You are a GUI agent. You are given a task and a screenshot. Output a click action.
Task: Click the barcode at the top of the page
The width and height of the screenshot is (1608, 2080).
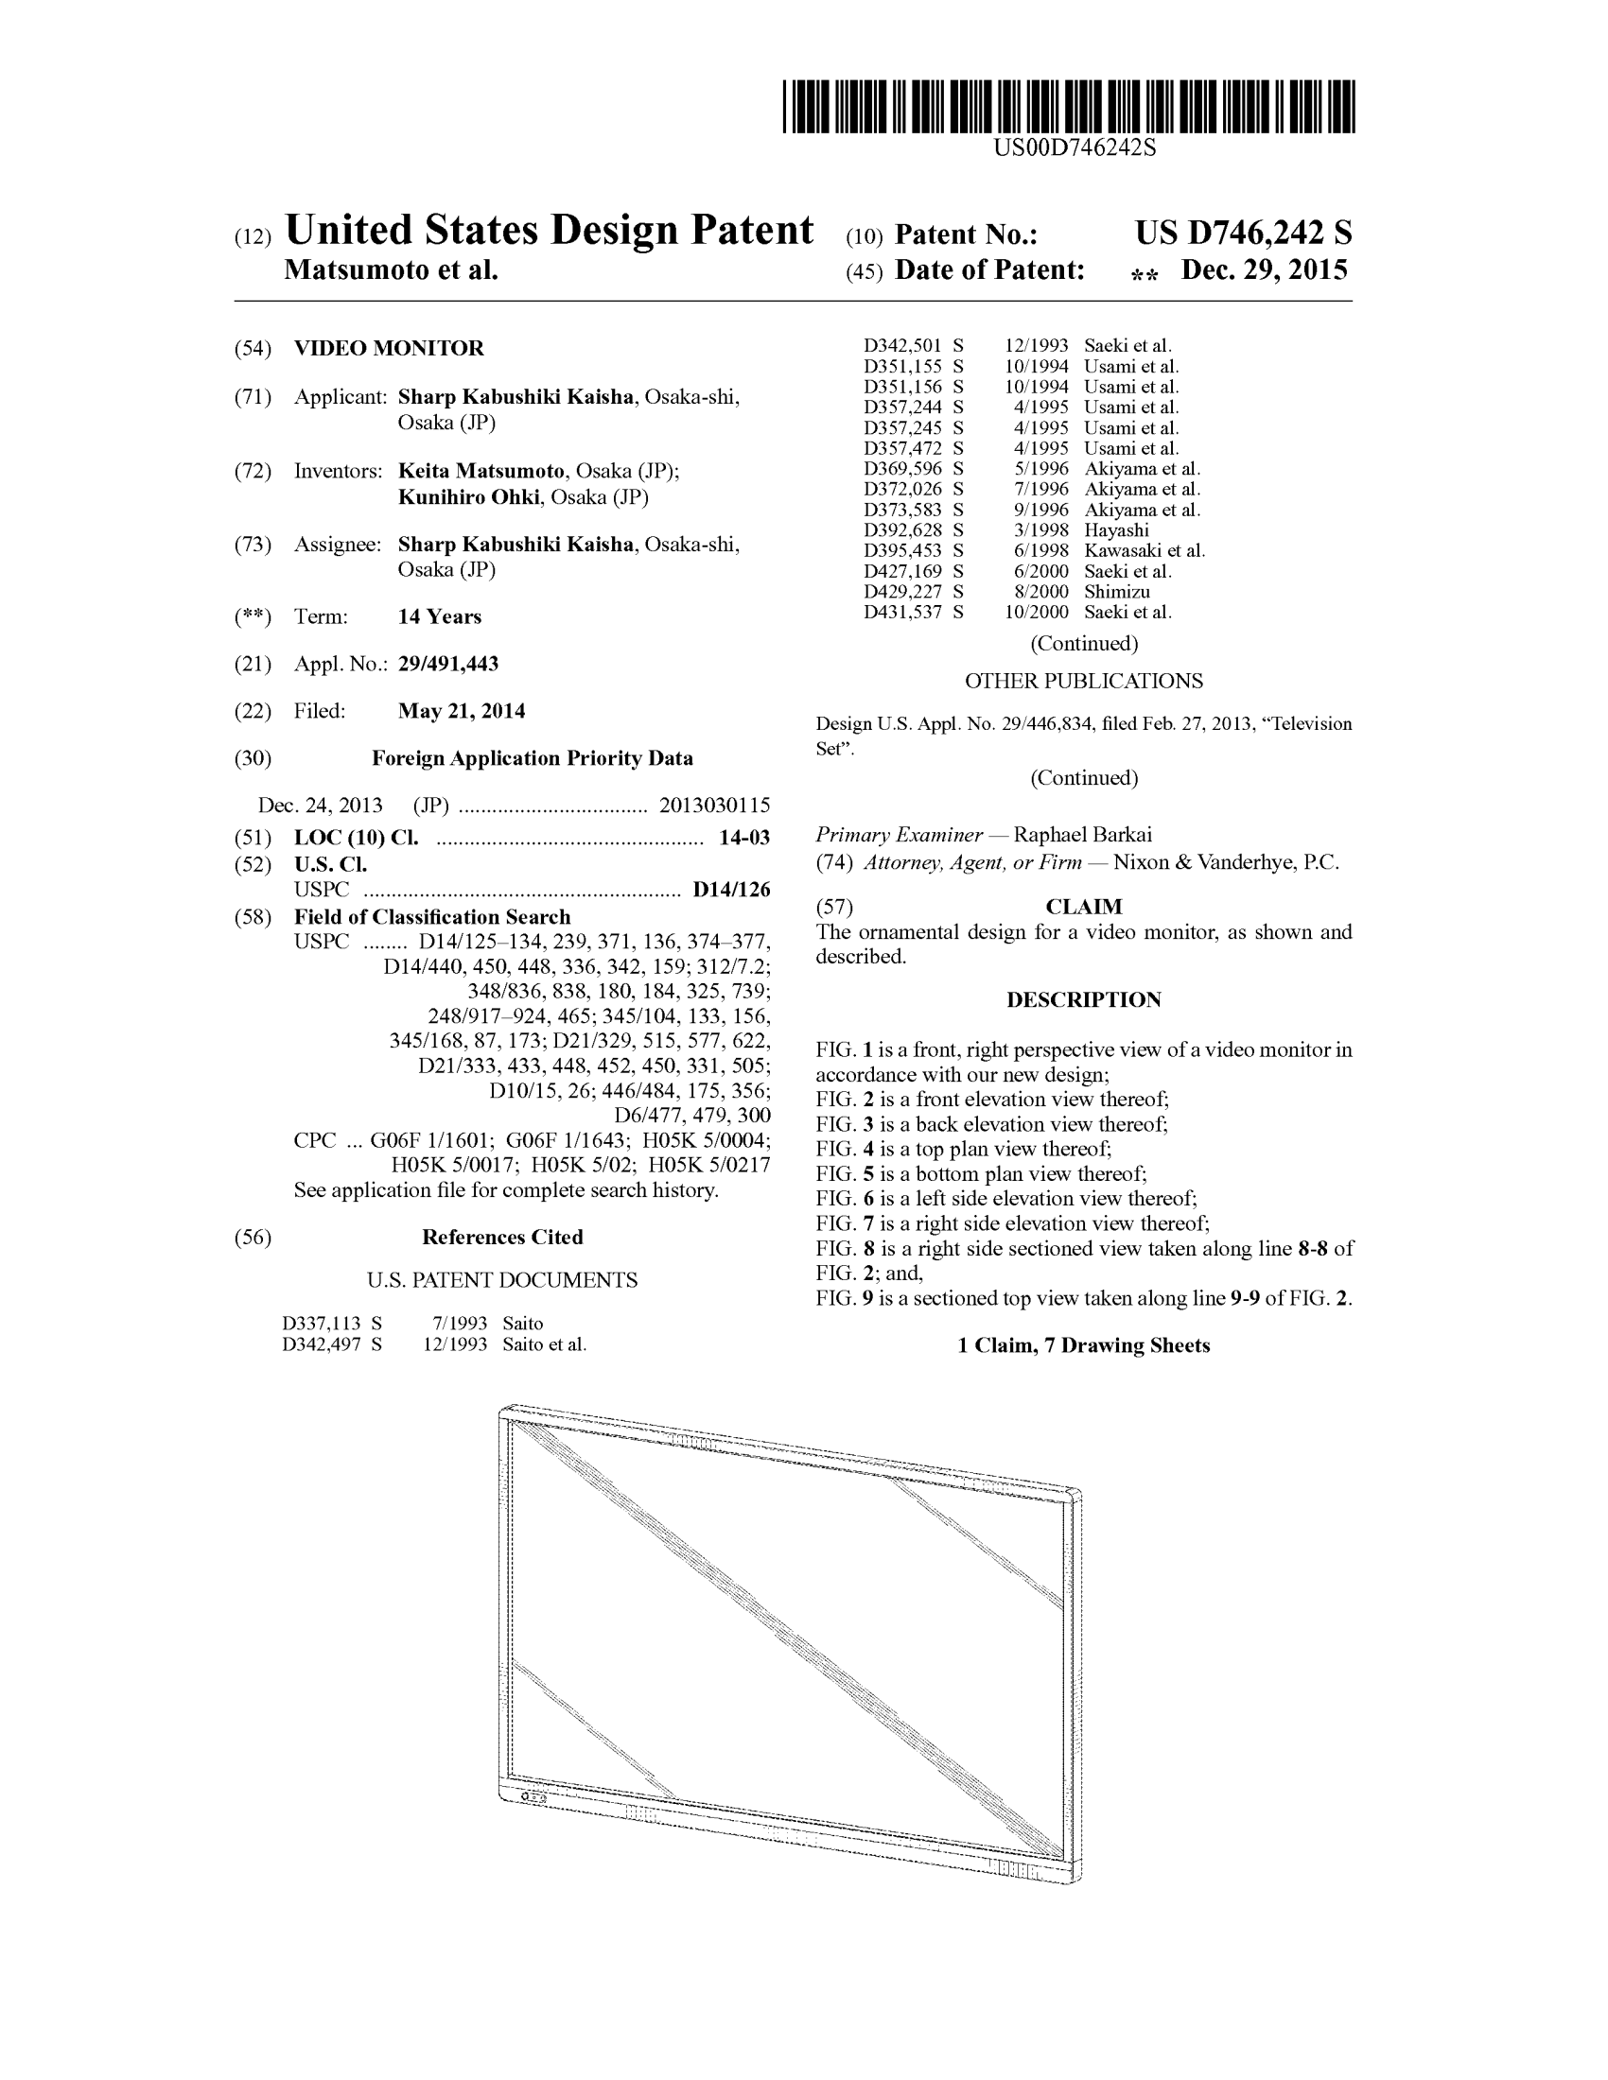tap(1068, 107)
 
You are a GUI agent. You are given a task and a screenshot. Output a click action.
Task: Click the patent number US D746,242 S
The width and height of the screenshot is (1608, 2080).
tap(1242, 234)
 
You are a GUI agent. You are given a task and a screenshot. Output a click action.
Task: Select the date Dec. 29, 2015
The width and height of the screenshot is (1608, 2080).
tap(1264, 270)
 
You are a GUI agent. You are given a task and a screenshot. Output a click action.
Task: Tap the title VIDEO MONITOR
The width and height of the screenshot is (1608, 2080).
tap(389, 349)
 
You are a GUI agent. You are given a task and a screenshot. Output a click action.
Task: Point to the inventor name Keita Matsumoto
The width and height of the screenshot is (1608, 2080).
tap(481, 472)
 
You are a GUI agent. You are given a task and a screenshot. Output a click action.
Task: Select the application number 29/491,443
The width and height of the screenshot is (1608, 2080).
tap(447, 664)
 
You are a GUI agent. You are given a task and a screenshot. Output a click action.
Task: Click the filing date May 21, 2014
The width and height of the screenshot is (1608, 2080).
tap(461, 711)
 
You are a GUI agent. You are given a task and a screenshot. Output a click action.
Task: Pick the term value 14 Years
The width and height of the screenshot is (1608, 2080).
tap(439, 617)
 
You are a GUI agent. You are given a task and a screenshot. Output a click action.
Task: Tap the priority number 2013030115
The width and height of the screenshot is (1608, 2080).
tap(714, 806)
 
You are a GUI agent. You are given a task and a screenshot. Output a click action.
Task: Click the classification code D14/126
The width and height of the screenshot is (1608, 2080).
tap(731, 890)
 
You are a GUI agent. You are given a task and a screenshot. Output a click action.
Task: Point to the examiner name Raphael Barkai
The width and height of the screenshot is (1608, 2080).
tap(1082, 835)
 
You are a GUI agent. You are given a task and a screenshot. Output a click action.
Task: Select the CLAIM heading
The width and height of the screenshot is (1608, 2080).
tap(1083, 907)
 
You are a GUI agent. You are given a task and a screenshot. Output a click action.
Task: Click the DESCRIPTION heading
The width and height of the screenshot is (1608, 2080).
tap(1083, 1000)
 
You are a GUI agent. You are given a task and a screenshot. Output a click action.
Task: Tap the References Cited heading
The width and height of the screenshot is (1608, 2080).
tap(502, 1238)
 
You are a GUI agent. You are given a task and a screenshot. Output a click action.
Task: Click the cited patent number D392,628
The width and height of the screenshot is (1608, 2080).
tap(902, 530)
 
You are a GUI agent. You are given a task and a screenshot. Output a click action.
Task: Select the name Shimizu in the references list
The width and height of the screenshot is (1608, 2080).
tap(1116, 592)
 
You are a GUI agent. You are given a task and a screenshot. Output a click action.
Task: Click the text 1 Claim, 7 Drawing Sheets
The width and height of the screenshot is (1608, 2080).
tap(1083, 1345)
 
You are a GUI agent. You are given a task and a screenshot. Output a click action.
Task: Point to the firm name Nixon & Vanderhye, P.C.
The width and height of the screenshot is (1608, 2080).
tap(1226, 863)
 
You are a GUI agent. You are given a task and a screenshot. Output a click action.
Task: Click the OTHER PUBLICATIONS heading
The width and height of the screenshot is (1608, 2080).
tap(1083, 681)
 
